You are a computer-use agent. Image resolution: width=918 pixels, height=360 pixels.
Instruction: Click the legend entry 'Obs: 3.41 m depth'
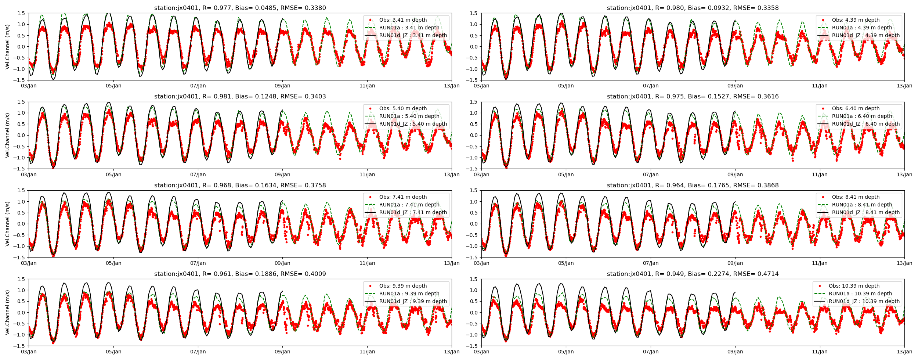(x=403, y=20)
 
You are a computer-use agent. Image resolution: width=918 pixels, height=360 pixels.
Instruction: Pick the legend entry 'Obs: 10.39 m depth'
(x=854, y=286)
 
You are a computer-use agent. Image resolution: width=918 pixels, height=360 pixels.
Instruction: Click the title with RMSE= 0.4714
(x=693, y=274)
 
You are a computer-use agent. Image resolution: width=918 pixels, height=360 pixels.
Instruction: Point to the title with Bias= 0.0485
(x=240, y=8)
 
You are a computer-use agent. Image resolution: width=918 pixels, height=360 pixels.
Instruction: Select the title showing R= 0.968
(x=240, y=186)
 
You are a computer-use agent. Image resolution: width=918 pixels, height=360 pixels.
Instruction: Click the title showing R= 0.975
(x=693, y=97)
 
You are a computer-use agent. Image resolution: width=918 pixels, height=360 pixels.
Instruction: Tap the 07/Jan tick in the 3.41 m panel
(x=198, y=86)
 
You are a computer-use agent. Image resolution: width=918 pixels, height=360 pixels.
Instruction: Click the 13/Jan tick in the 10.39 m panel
(x=904, y=352)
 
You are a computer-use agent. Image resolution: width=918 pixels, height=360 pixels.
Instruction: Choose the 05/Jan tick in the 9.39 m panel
(x=113, y=352)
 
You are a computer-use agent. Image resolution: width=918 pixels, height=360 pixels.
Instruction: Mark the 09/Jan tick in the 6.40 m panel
(x=735, y=175)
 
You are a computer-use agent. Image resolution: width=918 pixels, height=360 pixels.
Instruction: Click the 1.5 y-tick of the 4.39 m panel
(x=474, y=14)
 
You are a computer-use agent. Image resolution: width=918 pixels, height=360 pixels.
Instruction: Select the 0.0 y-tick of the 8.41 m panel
(x=474, y=224)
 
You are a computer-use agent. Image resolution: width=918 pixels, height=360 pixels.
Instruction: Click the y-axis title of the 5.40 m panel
(x=8, y=135)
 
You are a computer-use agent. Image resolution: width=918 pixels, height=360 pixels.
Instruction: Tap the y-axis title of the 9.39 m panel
(x=8, y=313)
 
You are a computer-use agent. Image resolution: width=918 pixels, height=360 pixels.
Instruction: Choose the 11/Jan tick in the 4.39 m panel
(x=820, y=86)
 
